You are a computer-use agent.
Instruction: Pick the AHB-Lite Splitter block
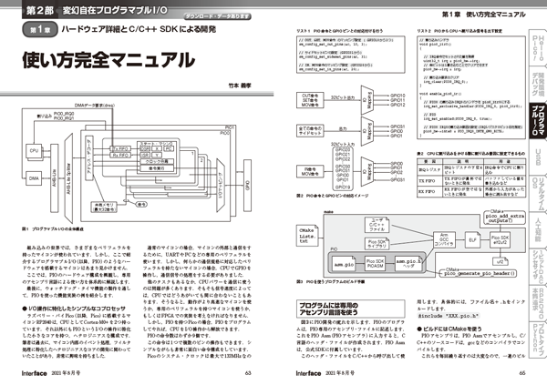58,165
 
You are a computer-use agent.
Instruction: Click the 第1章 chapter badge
34,30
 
